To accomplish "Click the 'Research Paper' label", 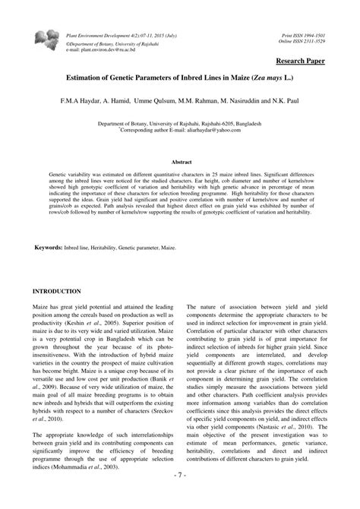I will (300, 60).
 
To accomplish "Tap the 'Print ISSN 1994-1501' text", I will (304, 36).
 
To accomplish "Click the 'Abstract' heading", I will (180, 162).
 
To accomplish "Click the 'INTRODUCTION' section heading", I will (57, 292).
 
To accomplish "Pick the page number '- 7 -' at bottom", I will (179, 495).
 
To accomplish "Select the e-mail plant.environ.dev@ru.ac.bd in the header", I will (103, 49).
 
